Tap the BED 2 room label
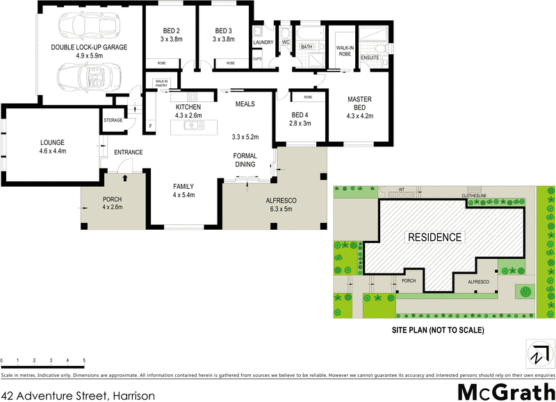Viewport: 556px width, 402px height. [x=171, y=31]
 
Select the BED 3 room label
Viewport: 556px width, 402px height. [x=222, y=31]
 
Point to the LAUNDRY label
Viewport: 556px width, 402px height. [x=263, y=42]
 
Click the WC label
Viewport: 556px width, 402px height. [x=285, y=42]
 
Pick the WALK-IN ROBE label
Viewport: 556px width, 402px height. [x=344, y=51]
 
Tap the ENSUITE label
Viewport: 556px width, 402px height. [x=369, y=58]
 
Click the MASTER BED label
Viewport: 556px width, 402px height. [x=361, y=103]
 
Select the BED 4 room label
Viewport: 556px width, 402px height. [x=300, y=115]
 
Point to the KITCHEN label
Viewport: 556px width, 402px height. [x=188, y=106]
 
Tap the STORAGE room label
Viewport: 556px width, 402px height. [x=113, y=120]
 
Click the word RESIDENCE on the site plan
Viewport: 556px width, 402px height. [x=434, y=237]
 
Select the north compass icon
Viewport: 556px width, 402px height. [x=537, y=354]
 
